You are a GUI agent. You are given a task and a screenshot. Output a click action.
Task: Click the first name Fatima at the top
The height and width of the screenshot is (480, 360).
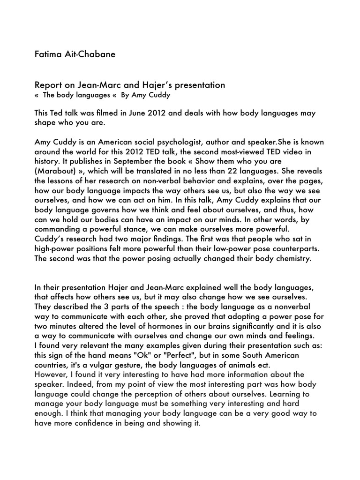click(49, 54)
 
